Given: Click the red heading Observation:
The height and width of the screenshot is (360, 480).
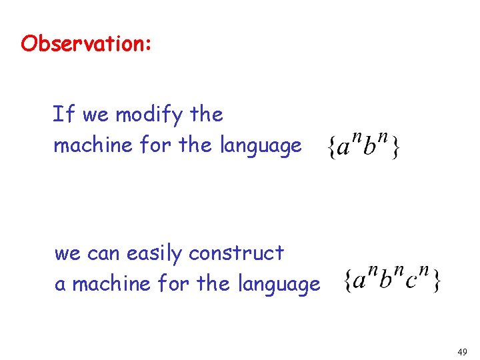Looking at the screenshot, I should coord(87,44).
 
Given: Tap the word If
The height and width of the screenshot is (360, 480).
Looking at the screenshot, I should coord(64,115).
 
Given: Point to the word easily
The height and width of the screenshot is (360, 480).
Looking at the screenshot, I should coord(153,254).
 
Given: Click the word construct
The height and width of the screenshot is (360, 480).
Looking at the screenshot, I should coord(236,253).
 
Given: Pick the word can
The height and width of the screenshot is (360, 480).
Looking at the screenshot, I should coord(102,254).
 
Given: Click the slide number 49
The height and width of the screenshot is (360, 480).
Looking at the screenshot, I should coord(462,351).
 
